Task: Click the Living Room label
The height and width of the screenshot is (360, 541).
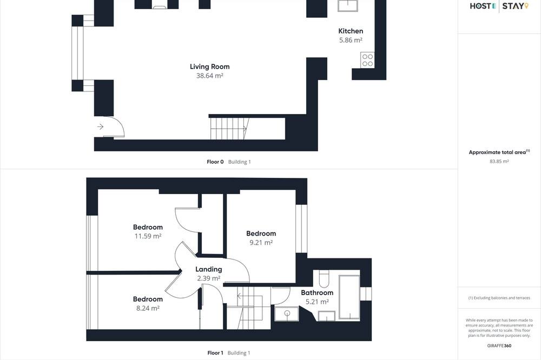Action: (x=209, y=66)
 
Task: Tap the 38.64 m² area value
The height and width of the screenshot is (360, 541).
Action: (x=210, y=76)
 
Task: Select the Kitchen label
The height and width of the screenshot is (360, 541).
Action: (x=351, y=31)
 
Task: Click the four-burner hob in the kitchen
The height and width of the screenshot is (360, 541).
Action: (x=367, y=59)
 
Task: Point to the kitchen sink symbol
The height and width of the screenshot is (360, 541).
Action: (x=348, y=5)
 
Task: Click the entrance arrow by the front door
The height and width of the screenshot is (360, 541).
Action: (x=101, y=127)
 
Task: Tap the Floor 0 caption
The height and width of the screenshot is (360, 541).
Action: (x=215, y=162)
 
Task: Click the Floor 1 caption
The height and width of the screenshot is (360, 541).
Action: (x=215, y=353)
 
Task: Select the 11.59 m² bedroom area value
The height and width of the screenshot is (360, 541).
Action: (x=148, y=236)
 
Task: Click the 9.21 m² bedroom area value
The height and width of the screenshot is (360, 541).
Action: (x=261, y=242)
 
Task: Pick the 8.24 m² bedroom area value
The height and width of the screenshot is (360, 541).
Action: (x=148, y=308)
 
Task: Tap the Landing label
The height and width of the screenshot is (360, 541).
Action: (x=209, y=269)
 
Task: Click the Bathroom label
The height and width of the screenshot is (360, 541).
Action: (x=317, y=293)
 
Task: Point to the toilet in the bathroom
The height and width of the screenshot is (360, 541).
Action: (x=324, y=278)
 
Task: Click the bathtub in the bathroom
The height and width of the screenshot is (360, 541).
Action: (x=349, y=297)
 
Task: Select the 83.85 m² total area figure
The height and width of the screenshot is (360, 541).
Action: (x=499, y=161)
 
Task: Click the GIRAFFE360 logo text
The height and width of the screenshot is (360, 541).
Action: (x=499, y=345)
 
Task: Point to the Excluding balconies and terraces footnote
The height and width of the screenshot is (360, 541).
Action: (x=499, y=298)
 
